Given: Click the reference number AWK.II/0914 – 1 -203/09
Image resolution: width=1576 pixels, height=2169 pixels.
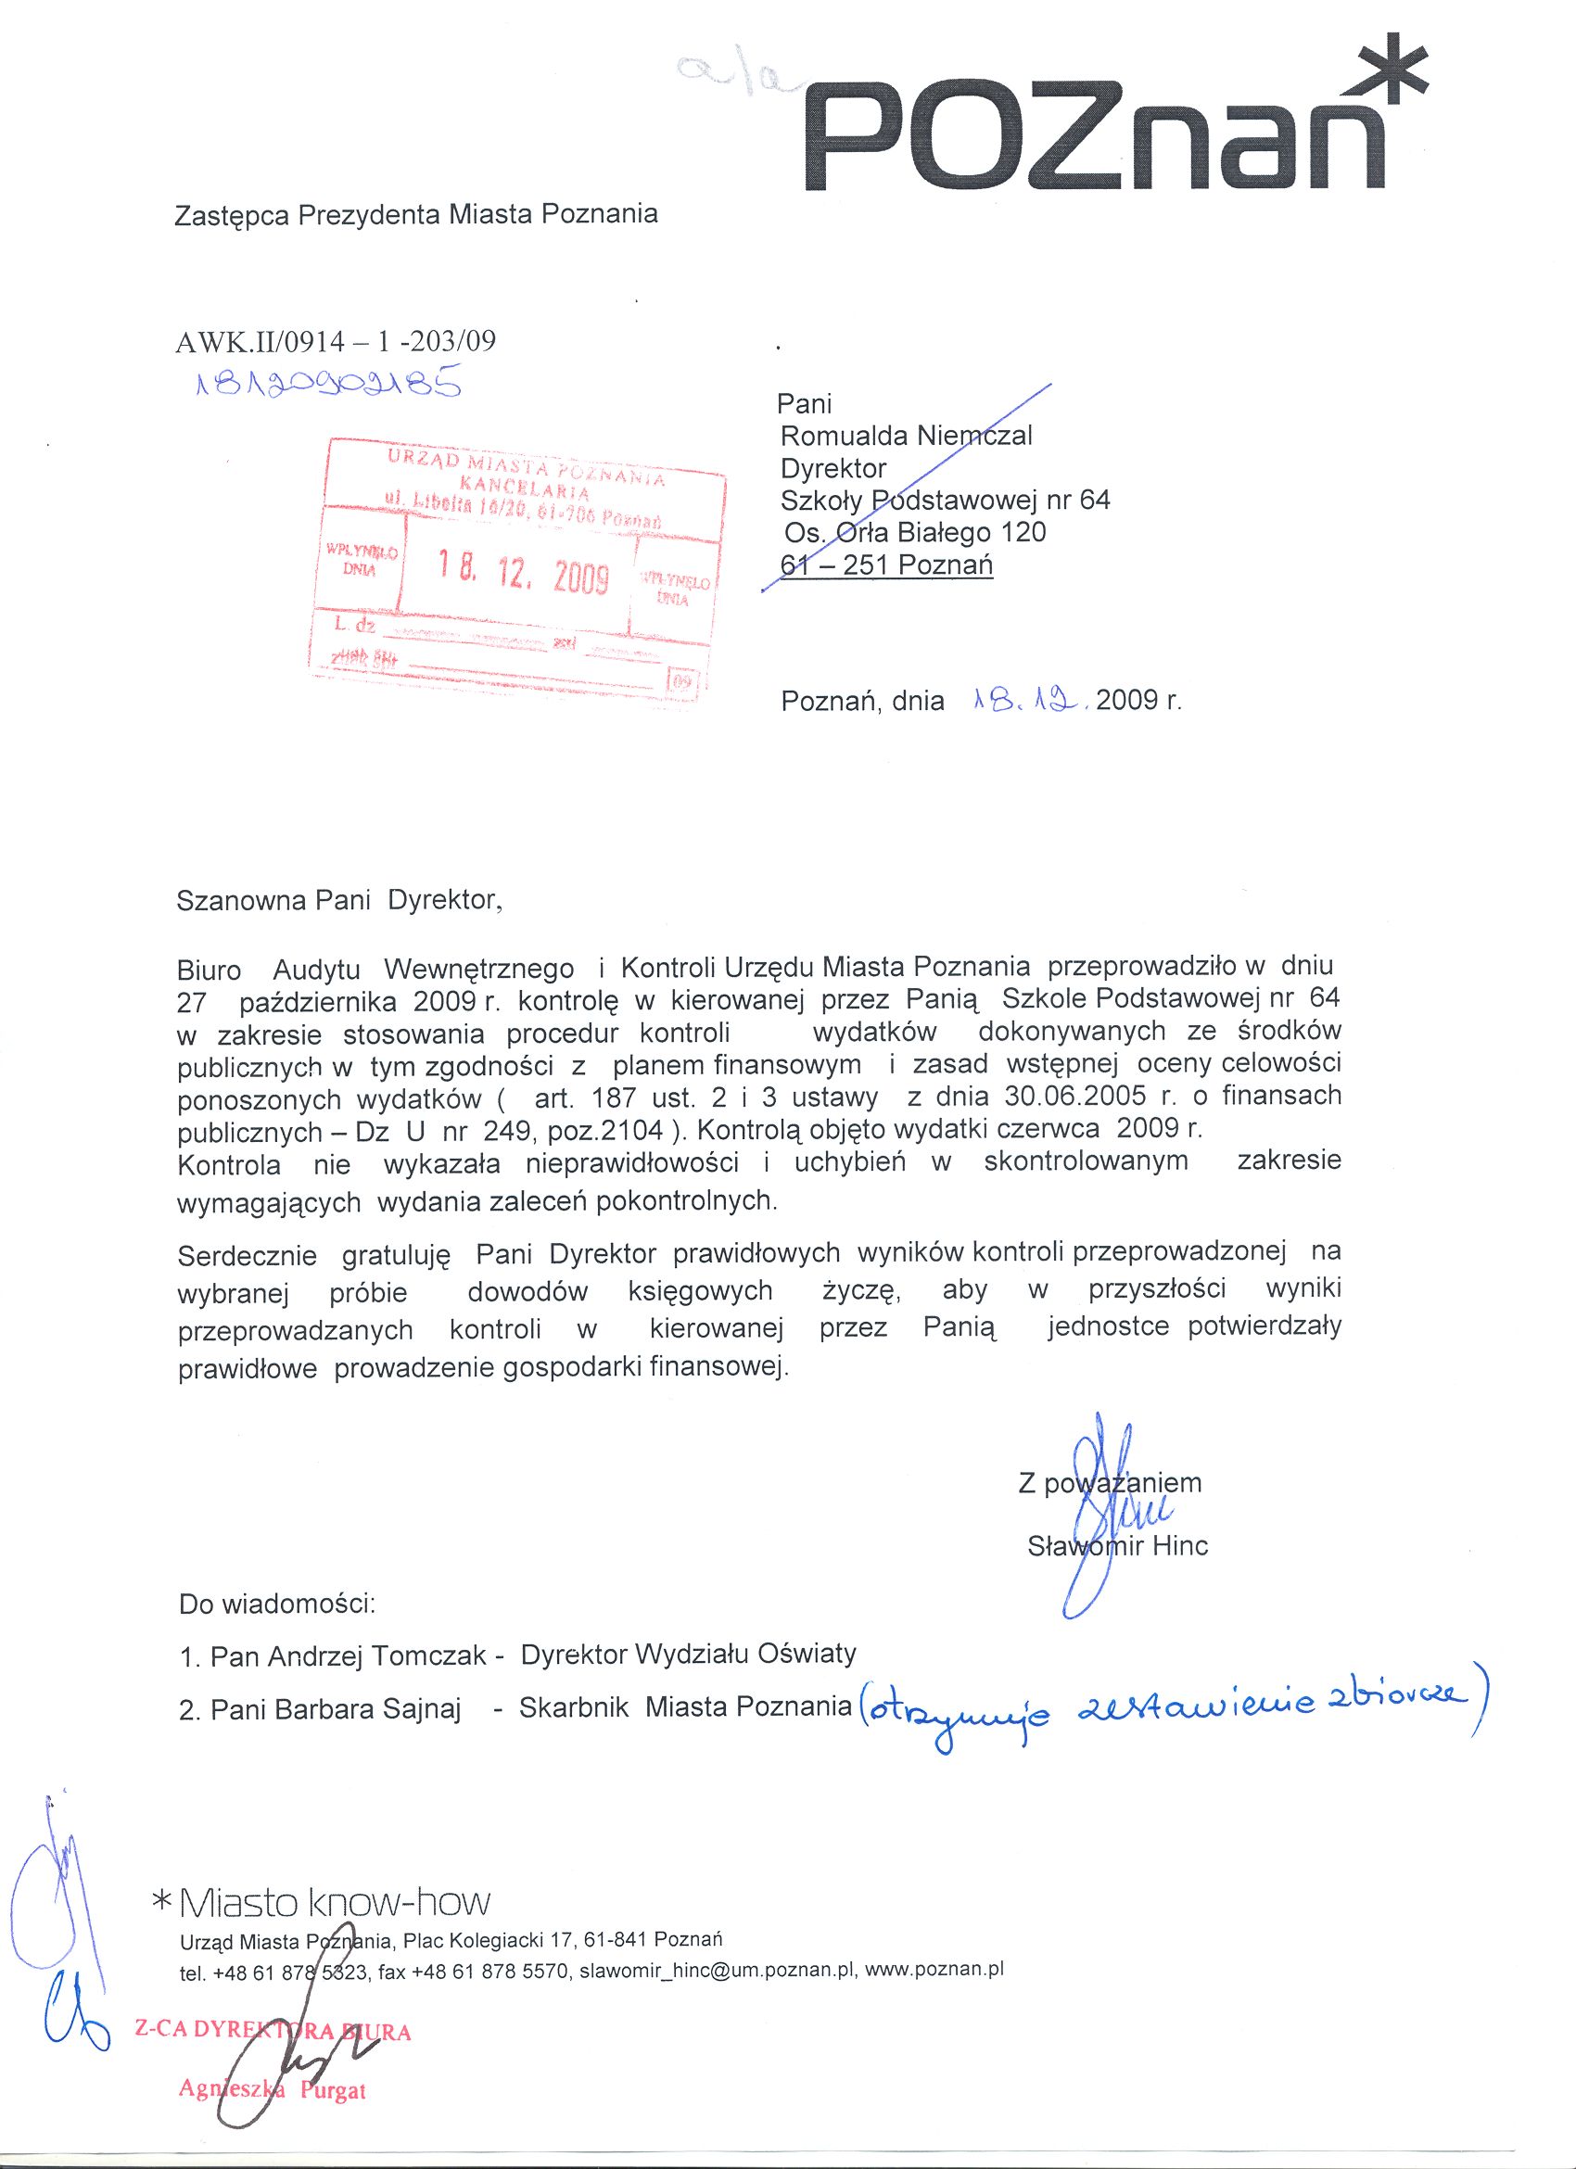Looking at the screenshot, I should click(x=337, y=341).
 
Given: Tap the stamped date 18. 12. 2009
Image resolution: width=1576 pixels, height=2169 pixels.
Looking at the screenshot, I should click(x=523, y=574).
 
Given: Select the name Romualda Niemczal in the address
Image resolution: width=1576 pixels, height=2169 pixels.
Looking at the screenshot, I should click(x=906, y=436).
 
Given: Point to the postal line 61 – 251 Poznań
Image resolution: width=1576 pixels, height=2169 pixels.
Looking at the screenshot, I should click(x=886, y=565).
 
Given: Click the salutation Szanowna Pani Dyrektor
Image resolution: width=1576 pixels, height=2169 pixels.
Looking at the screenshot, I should click(x=338, y=901).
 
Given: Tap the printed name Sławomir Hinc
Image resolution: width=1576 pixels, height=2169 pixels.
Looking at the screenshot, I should click(x=1117, y=1545).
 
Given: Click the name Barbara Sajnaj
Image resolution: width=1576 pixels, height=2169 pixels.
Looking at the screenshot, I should click(x=336, y=1709).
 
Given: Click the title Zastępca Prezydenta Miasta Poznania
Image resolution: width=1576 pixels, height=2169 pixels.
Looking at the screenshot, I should click(x=416, y=213).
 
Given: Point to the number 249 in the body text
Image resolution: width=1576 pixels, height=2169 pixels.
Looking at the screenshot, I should click(x=512, y=1131).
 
